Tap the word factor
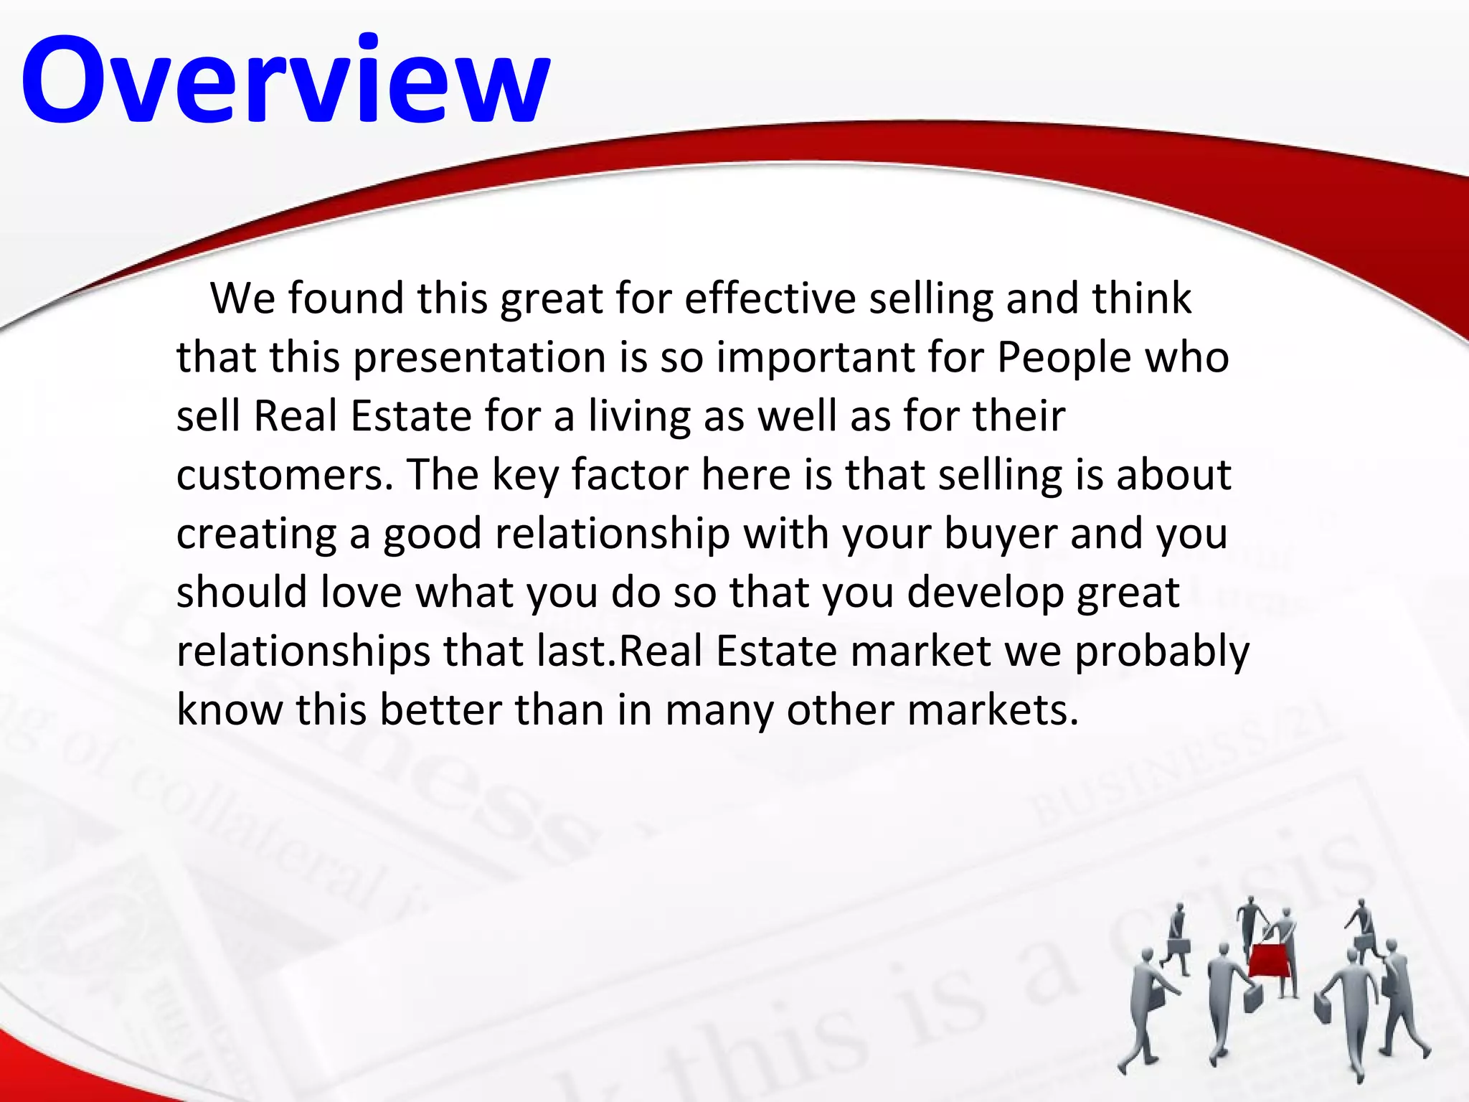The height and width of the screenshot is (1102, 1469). (630, 475)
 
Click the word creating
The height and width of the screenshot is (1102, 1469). (256, 534)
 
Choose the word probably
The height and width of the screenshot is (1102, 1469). (1162, 651)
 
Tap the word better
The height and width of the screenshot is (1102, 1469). (440, 710)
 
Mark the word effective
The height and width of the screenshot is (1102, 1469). (770, 298)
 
